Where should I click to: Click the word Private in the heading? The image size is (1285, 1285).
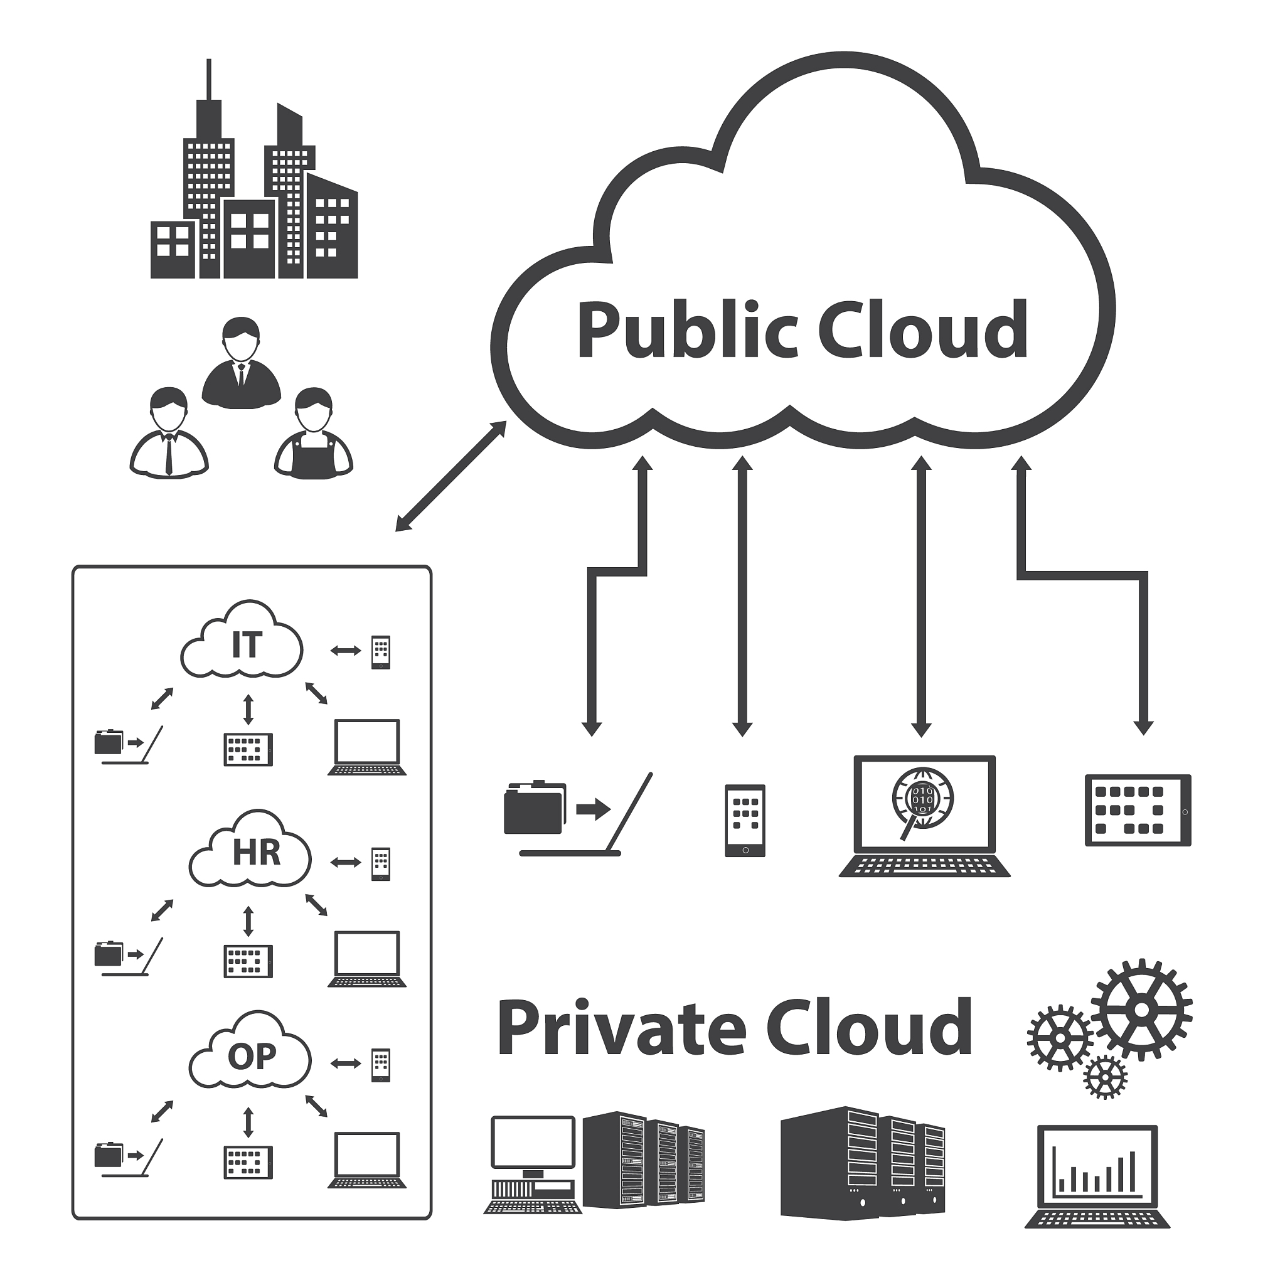tap(621, 1030)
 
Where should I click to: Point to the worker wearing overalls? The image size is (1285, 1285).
tap(313, 435)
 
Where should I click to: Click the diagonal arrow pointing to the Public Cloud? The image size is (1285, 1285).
tap(451, 477)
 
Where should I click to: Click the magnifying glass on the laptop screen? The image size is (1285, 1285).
tap(921, 801)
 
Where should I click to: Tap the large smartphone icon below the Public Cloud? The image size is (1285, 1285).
tap(744, 821)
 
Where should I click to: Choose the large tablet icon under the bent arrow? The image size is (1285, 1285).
tap(1138, 810)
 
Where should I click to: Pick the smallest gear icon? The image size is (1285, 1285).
tap(1105, 1077)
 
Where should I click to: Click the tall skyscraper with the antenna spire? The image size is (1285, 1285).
tap(209, 186)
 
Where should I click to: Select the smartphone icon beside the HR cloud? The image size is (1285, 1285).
tap(380, 864)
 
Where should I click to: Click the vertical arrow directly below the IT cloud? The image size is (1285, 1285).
tap(248, 710)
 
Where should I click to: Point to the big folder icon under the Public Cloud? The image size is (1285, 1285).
tap(533, 809)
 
